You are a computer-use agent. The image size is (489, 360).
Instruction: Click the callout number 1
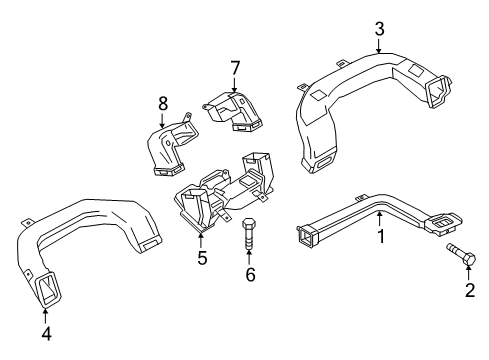pos(380,237)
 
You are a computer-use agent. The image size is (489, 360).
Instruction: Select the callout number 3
pos(378,27)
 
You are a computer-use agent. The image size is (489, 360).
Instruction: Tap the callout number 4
pos(45,331)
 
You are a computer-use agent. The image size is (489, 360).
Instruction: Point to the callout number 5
pos(201,258)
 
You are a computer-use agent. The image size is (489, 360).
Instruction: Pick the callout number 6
pos(250,274)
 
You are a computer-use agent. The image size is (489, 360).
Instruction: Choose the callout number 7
pos(234,67)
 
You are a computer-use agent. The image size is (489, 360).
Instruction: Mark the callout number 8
pos(163,101)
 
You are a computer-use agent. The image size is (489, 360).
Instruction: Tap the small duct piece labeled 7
pos(233,110)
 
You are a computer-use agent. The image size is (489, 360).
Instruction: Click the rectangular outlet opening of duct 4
pos(46,292)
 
